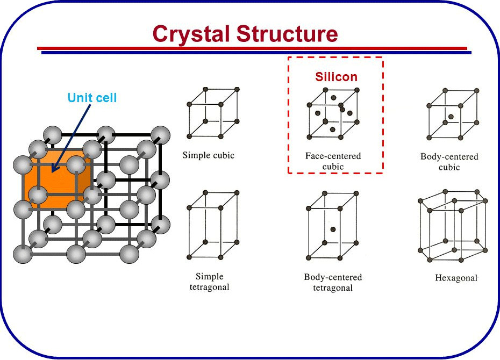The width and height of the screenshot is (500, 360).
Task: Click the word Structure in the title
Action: pyautogui.click(x=287, y=33)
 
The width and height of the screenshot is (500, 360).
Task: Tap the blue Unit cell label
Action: pyautogui.click(x=92, y=97)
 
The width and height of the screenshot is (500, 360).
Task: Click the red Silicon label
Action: pyautogui.click(x=336, y=77)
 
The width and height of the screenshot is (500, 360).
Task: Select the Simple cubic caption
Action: pyautogui.click(x=208, y=155)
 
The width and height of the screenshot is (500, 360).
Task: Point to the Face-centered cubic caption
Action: pyautogui.click(x=333, y=161)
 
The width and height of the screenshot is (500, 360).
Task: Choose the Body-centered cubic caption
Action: pyautogui.click(x=449, y=162)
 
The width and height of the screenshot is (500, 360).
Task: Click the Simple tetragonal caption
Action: pyautogui.click(x=210, y=282)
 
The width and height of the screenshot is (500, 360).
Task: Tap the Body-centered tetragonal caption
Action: pyautogui.click(x=333, y=282)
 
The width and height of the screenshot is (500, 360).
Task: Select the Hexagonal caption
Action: pyautogui.click(x=456, y=278)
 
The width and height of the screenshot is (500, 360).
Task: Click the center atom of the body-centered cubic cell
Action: pyautogui.click(x=451, y=117)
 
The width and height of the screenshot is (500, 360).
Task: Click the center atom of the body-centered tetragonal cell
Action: pyautogui.click(x=333, y=229)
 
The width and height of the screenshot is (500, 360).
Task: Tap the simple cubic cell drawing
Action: pyautogui.click(x=213, y=113)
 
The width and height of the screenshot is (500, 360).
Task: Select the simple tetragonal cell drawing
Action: pyautogui.click(x=213, y=225)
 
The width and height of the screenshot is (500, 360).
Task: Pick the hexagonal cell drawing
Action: pyautogui.click(x=453, y=226)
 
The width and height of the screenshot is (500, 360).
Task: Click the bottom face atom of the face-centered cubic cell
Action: pyautogui.click(x=333, y=129)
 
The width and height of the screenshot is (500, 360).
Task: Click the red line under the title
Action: pyautogui.click(x=252, y=48)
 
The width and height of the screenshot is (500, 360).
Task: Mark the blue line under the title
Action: pyautogui.click(x=256, y=52)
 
